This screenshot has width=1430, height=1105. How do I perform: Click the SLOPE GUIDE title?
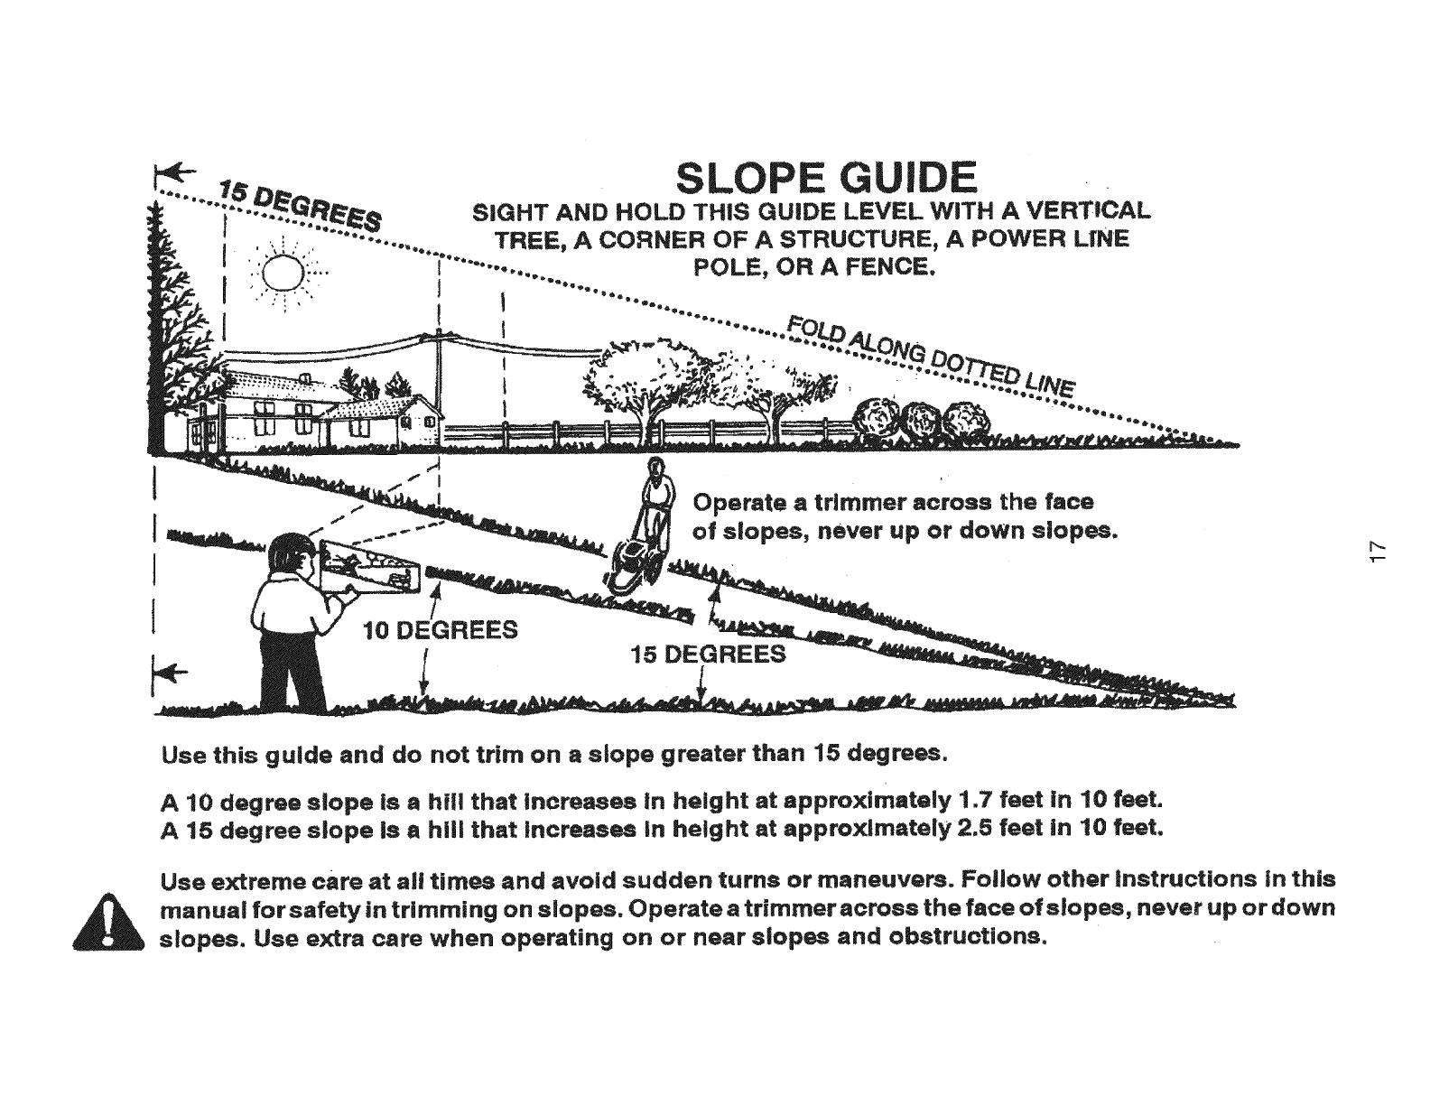click(x=826, y=178)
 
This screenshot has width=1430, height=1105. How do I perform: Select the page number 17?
click(x=1376, y=552)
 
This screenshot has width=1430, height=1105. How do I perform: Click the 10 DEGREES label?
click(x=440, y=629)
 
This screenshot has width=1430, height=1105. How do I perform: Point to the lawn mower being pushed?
click(x=631, y=565)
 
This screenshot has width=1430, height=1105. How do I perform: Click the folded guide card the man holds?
click(x=370, y=567)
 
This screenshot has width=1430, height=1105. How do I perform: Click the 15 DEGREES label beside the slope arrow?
click(x=708, y=654)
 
